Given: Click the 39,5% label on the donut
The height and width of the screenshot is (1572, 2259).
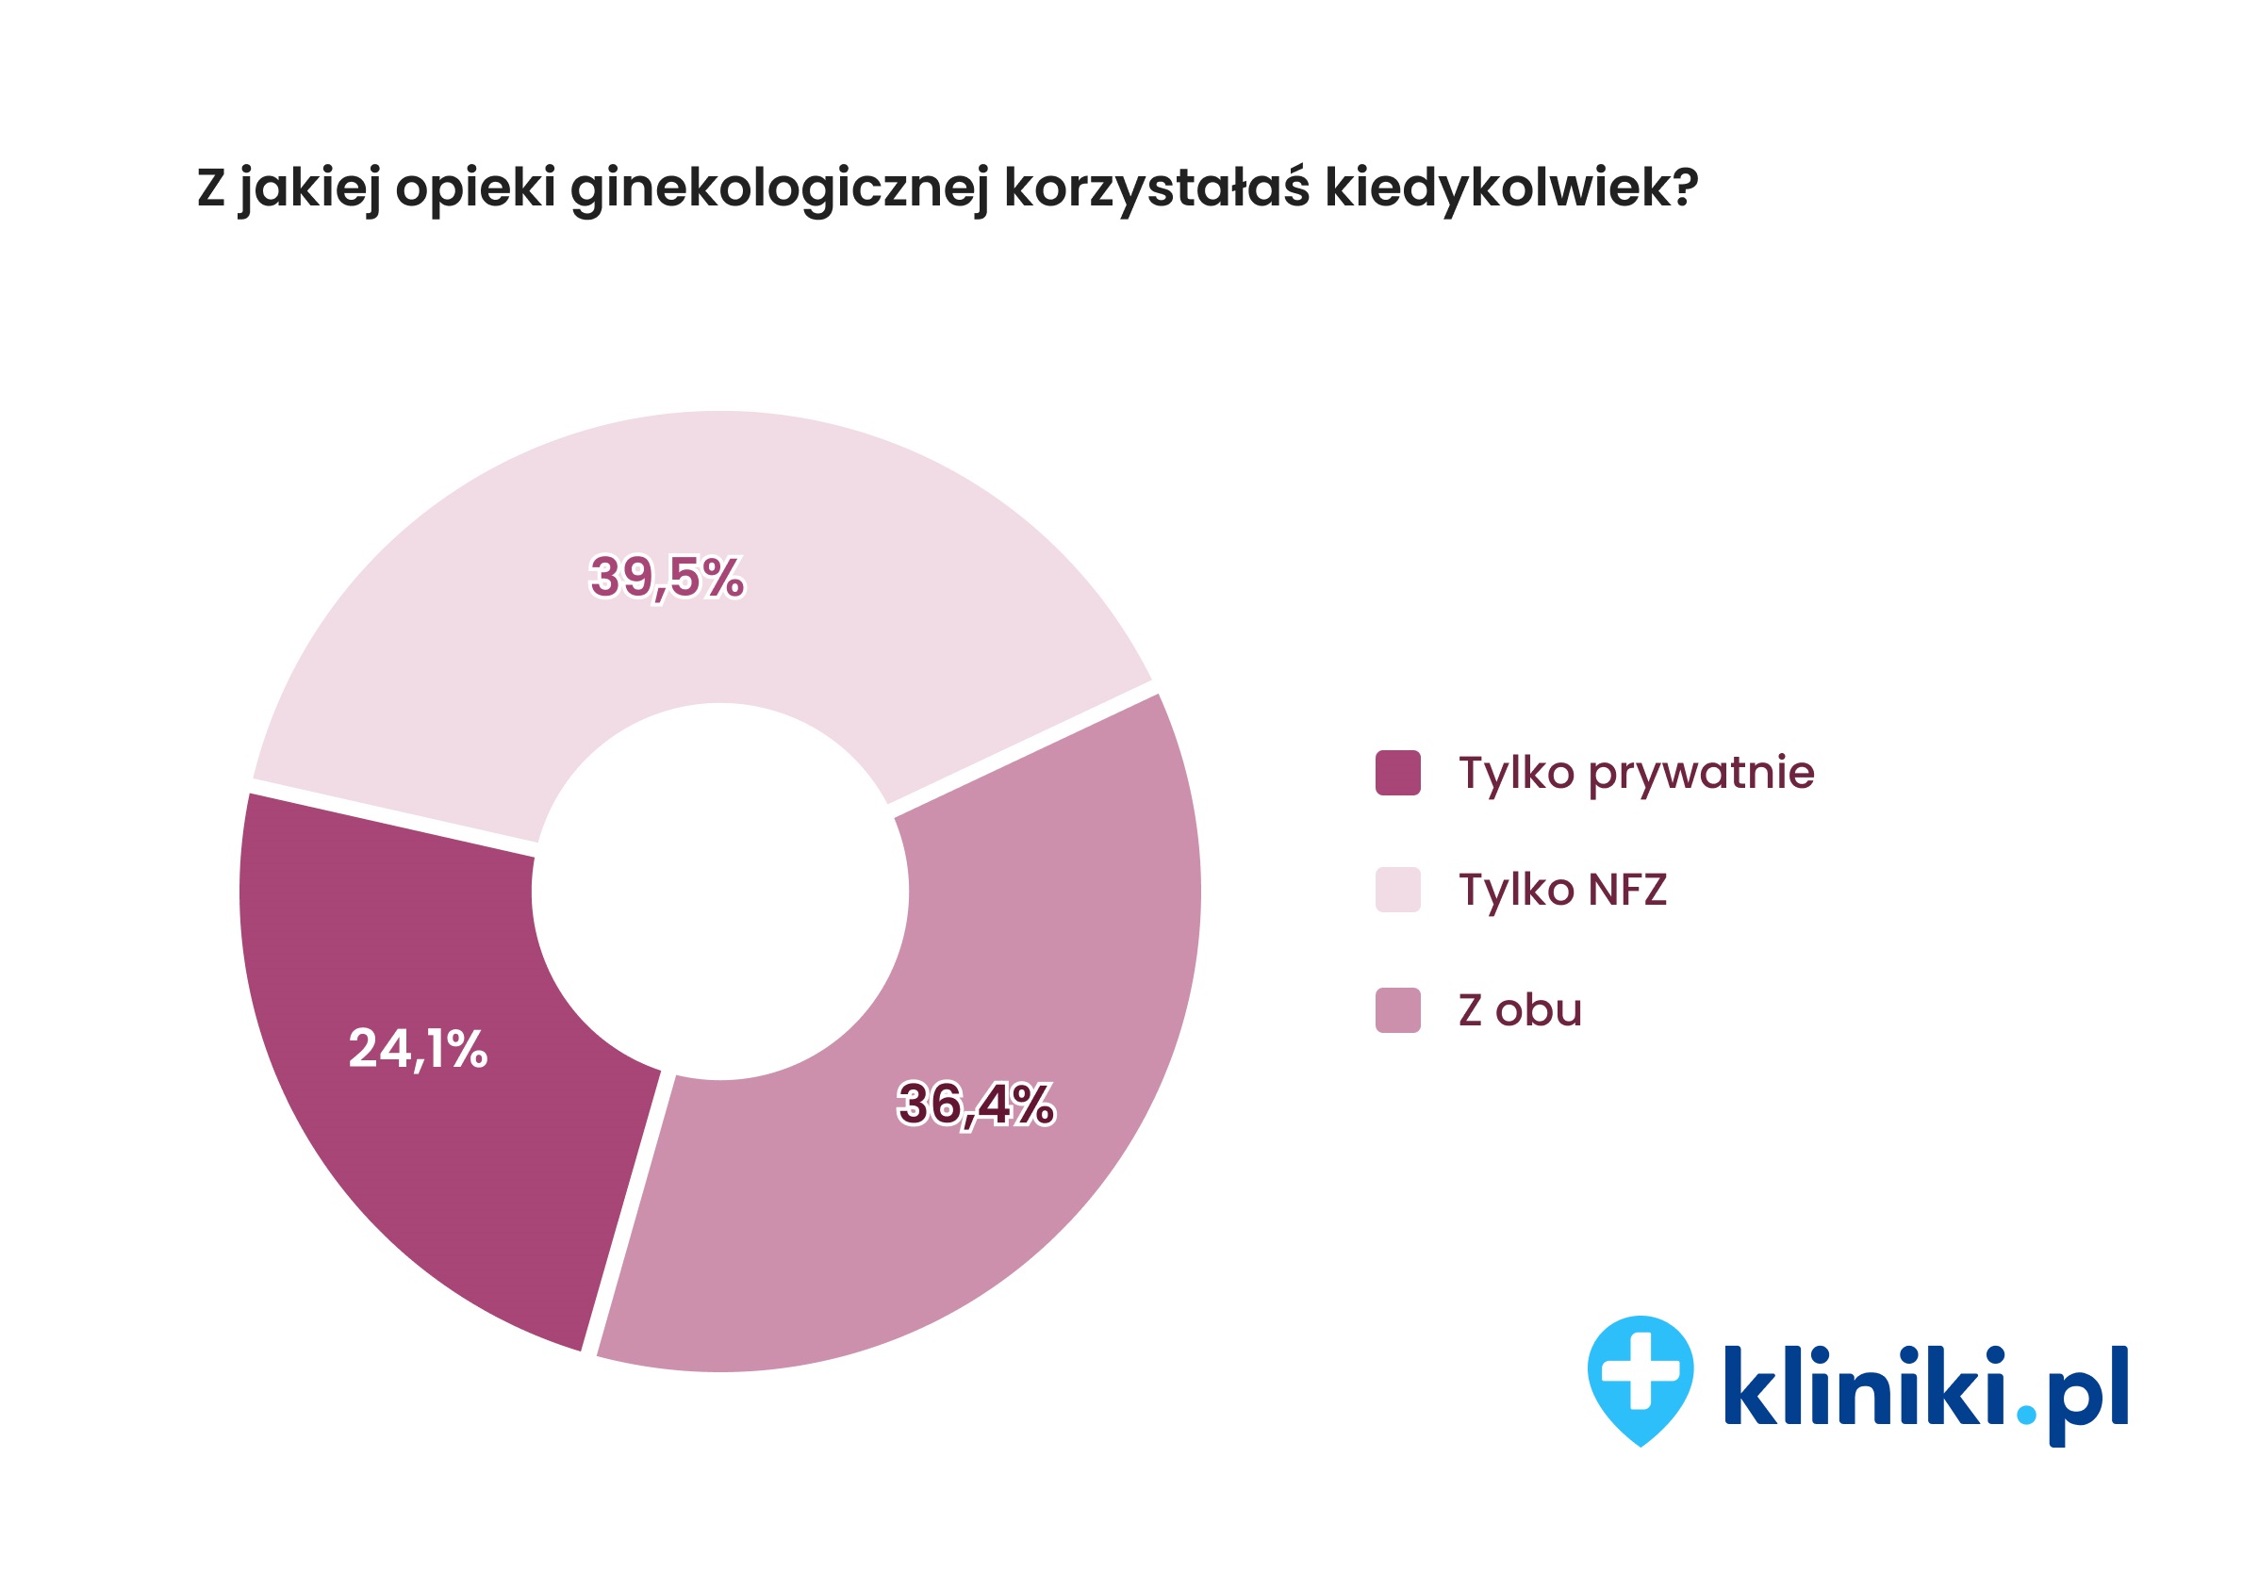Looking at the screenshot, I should tap(666, 577).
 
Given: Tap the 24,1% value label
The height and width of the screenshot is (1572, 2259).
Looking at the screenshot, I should tap(417, 1048).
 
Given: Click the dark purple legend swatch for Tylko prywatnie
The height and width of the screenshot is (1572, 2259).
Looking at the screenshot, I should tap(1397, 772).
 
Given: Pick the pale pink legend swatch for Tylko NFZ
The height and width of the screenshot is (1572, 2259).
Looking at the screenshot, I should tap(1397, 890).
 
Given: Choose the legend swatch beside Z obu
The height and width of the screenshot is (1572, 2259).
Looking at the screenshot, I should tap(1397, 1010).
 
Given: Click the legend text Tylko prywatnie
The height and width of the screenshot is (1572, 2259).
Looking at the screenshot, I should tap(1635, 773).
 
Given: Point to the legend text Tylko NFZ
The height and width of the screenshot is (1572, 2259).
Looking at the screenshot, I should tap(1561, 890).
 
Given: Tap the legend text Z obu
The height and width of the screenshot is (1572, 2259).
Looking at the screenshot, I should tap(1519, 1010).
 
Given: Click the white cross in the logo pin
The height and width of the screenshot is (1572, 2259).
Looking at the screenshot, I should tap(1641, 1370).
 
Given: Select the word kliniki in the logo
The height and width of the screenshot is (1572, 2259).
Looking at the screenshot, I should tap(1862, 1385).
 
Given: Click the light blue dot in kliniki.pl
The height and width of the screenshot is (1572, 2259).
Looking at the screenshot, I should tap(2026, 1415).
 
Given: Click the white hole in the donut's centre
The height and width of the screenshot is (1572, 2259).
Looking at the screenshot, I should tap(719, 892).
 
